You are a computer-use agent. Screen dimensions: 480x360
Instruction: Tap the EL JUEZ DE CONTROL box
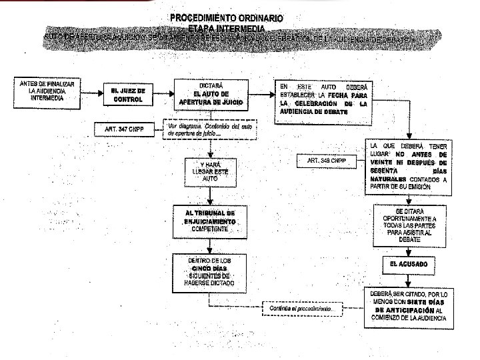[128, 94]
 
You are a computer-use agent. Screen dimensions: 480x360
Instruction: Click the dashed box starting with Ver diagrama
[209, 129]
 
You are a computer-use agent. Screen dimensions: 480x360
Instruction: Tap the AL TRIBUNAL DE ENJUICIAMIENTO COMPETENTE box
[210, 220]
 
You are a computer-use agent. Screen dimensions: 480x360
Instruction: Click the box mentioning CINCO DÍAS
[210, 271]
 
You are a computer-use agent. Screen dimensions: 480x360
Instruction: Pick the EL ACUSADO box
[409, 265]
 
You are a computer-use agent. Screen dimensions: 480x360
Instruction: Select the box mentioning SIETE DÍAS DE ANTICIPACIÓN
[409, 306]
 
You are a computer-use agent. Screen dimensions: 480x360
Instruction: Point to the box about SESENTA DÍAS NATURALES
[409, 167]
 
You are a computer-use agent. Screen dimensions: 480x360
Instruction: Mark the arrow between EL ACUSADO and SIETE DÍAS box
[409, 280]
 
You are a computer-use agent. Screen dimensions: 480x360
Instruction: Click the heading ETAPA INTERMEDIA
[226, 29]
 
